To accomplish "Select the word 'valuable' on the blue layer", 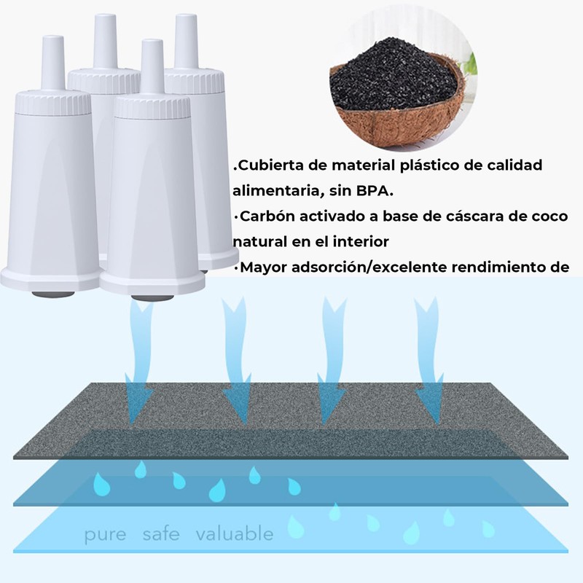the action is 235,534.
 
